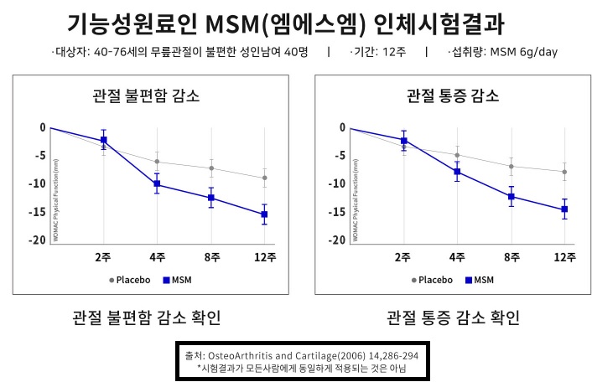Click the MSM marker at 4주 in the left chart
click(157, 184)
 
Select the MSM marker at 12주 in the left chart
click(265, 214)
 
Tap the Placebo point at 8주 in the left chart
click(211, 168)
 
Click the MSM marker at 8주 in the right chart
click(512, 197)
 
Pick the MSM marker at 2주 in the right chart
click(403, 140)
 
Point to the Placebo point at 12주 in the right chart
click(565, 172)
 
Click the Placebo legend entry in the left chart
click(127, 280)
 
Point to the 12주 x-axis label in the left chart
click(265, 257)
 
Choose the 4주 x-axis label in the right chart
click(457, 257)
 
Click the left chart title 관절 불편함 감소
click(146, 95)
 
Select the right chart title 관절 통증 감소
click(453, 95)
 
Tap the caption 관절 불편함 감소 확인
click(148, 318)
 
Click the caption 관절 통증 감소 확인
click(453, 318)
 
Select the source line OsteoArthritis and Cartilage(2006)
click(300, 355)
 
